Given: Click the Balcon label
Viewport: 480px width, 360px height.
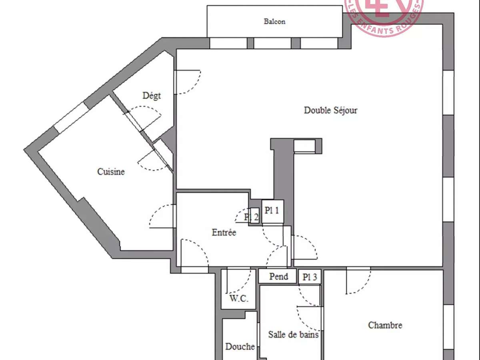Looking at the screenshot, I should point(274,22).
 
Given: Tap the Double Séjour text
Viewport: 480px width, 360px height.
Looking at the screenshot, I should point(330,110).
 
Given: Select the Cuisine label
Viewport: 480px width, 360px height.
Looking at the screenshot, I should point(111,172).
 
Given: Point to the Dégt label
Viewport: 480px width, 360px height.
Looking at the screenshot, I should point(152,96).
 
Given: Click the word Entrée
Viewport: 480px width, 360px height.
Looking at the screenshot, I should point(224,232).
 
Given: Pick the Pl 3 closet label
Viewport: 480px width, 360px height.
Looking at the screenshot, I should point(310,277).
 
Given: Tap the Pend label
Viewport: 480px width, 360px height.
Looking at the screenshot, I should point(278,276).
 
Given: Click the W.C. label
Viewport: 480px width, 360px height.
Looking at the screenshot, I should point(239,298).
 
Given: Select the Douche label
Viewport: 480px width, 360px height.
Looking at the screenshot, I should point(240,346).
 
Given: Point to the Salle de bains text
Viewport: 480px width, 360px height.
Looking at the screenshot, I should point(293,334).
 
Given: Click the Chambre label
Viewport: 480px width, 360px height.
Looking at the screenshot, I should point(385,325).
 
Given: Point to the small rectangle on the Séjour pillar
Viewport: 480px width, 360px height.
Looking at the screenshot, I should point(304,146).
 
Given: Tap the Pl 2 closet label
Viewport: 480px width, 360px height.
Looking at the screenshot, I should point(252,217).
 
